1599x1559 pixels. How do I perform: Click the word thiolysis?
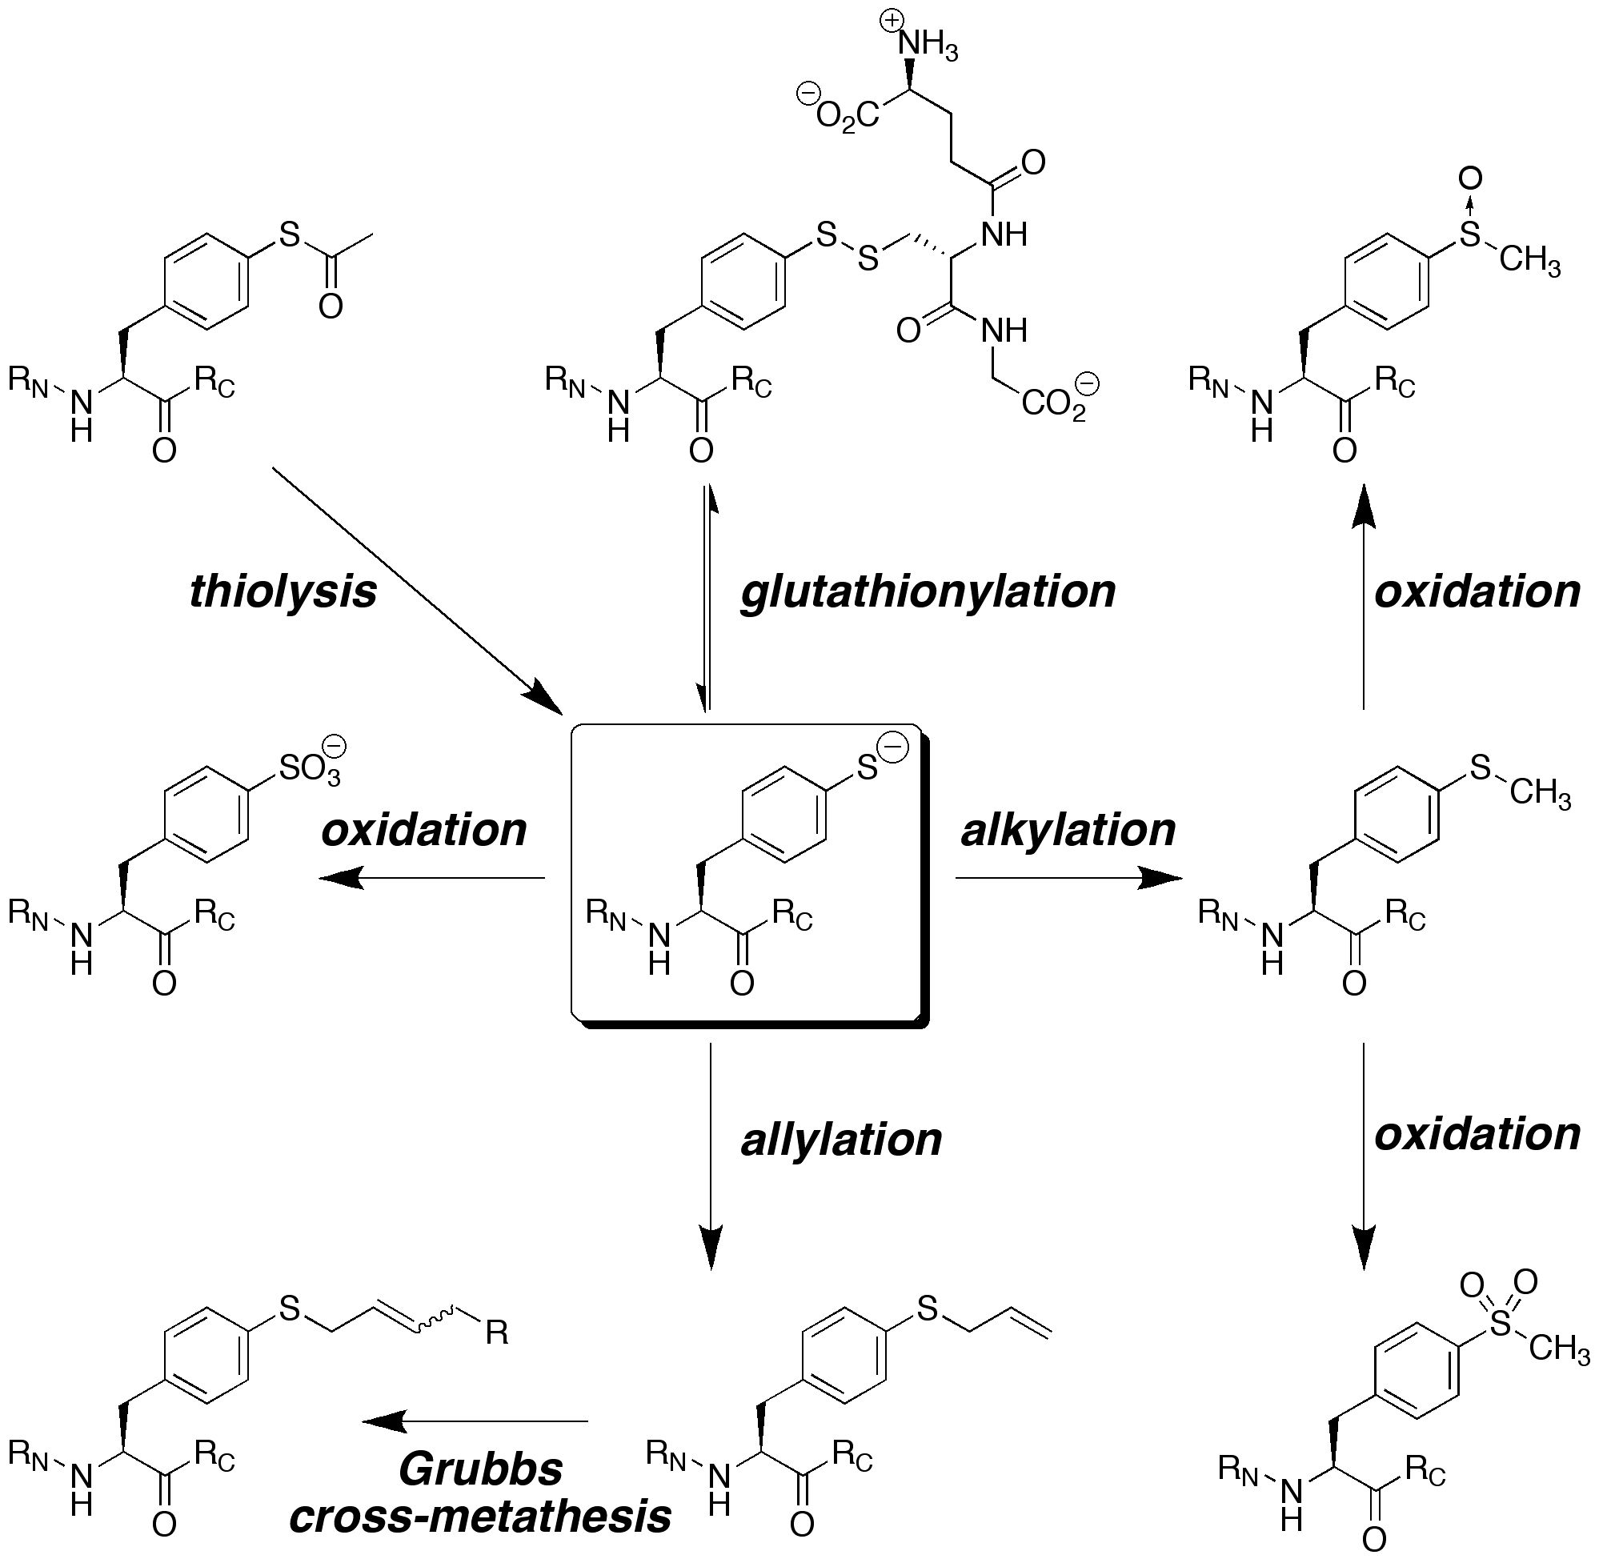283,592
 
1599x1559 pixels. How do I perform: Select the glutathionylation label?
928,592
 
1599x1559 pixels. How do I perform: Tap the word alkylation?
1068,830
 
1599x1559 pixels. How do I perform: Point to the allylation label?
842,1139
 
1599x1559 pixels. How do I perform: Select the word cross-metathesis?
481,1517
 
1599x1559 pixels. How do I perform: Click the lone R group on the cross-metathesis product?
497,1334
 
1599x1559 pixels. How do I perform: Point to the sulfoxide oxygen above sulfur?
1470,178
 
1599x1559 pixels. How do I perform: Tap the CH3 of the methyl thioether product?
1541,795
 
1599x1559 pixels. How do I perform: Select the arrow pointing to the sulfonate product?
431,878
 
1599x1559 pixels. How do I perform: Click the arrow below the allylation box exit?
711,1156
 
